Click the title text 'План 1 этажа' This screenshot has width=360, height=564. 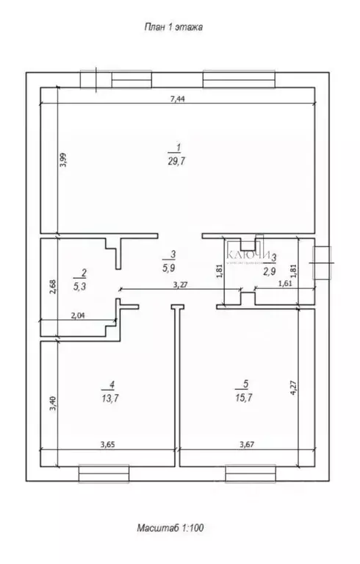(x=172, y=27)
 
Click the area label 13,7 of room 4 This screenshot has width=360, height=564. (x=111, y=396)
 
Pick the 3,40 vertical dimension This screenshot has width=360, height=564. (x=51, y=404)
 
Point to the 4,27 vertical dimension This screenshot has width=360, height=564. (x=295, y=387)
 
